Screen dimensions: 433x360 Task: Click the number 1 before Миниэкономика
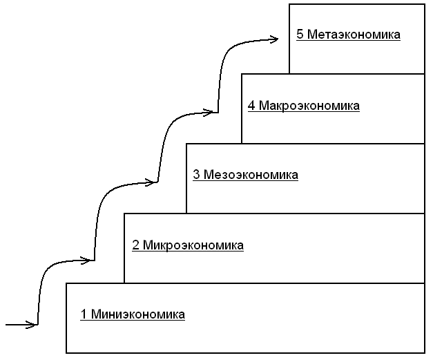coord(84,315)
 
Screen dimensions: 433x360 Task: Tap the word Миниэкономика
coord(137,315)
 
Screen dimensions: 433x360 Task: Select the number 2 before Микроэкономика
coord(135,245)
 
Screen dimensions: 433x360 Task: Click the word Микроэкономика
coord(193,245)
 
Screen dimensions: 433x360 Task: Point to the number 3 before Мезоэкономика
coord(196,175)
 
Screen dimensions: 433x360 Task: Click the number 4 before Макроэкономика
coord(251,106)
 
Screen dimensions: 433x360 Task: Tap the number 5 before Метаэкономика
coord(300,34)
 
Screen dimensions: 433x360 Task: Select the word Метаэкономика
coord(354,34)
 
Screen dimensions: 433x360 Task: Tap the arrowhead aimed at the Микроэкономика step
coord(88,260)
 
